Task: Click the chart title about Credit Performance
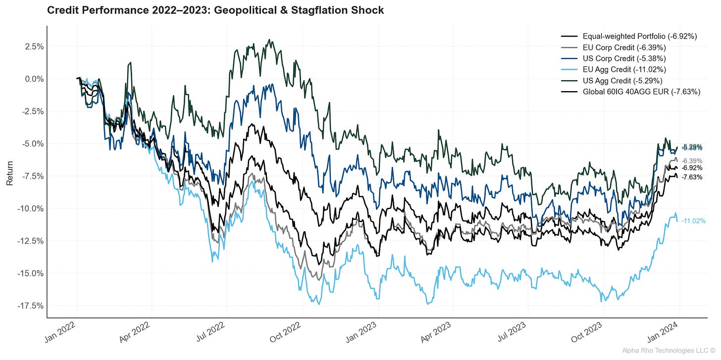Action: [x=215, y=10]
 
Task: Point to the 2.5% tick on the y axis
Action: [x=32, y=47]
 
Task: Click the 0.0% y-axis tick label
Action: [x=32, y=79]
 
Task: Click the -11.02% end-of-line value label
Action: [x=693, y=221]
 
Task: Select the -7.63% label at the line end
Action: [x=691, y=177]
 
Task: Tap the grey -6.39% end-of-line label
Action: [x=692, y=161]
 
